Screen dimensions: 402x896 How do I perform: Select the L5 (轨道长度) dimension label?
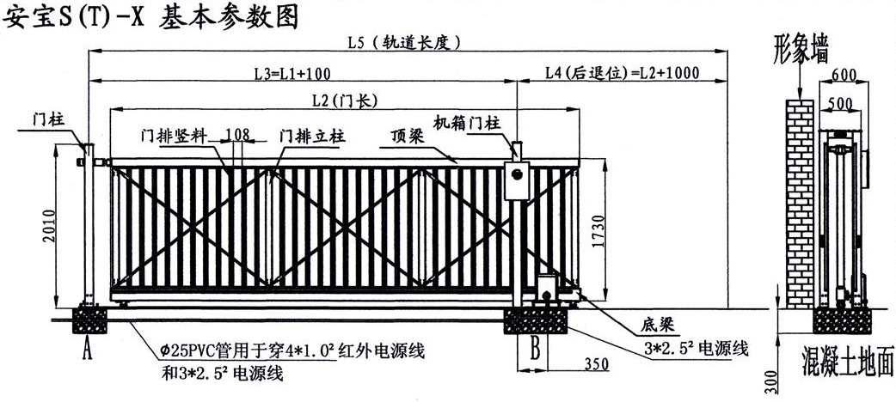pos(405,41)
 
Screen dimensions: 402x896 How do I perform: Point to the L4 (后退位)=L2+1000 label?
pos(622,73)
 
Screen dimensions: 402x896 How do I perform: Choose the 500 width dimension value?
pos(840,104)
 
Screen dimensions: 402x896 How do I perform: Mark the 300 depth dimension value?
pos(770,381)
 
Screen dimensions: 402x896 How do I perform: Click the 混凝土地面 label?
pos(847,356)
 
